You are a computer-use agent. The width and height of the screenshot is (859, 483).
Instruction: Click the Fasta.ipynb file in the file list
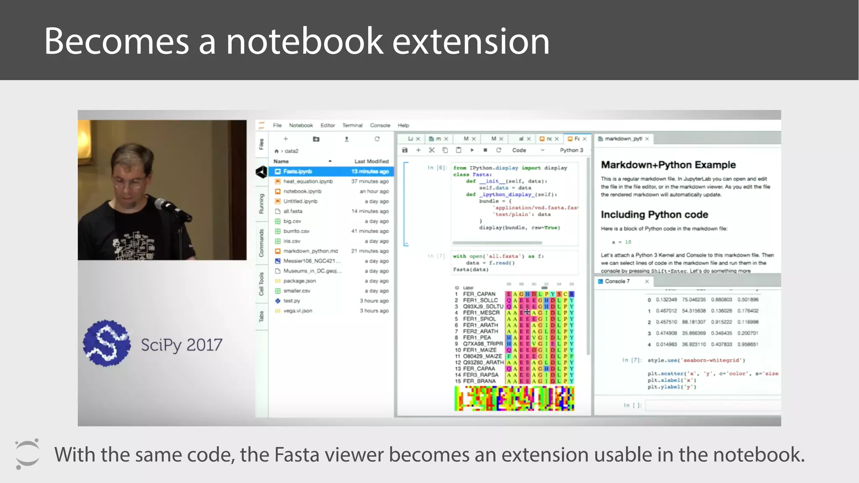click(x=297, y=171)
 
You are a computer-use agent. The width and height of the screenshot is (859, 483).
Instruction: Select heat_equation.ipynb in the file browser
click(x=308, y=182)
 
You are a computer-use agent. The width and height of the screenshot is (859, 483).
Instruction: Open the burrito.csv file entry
click(x=296, y=231)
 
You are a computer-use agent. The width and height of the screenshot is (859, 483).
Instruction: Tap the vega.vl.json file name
click(x=297, y=311)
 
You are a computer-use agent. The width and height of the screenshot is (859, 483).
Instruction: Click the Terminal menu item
click(x=352, y=125)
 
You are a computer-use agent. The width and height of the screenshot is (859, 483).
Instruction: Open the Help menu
click(x=403, y=125)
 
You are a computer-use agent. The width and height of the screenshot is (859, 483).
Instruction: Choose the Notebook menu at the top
click(x=301, y=125)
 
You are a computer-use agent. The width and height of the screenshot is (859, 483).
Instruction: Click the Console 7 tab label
click(x=617, y=281)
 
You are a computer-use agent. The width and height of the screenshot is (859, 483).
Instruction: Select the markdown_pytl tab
click(x=623, y=139)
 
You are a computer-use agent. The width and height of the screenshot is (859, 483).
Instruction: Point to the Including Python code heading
click(x=654, y=215)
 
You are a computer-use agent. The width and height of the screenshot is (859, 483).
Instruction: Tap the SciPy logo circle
click(x=107, y=343)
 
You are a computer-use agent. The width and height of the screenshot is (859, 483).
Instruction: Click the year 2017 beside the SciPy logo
click(x=204, y=345)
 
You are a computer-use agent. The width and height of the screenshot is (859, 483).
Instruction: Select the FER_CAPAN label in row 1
click(x=479, y=294)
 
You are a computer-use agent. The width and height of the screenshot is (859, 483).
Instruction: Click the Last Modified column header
click(x=371, y=161)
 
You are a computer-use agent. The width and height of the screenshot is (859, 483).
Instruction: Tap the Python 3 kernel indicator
click(x=571, y=150)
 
